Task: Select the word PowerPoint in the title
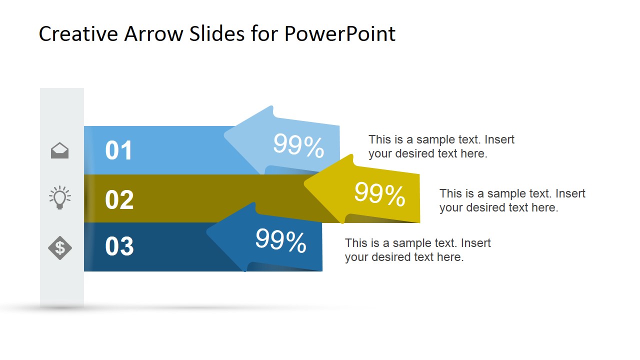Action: pos(339,34)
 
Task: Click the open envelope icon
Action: pos(60,150)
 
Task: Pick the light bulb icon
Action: pos(60,197)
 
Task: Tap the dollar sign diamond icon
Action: pos(60,247)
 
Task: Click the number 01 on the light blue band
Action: pos(119,150)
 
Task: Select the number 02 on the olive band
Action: pos(119,199)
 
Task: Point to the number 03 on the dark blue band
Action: pos(119,246)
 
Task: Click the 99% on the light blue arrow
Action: pos(298,146)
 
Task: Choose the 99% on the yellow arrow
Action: pos(379,194)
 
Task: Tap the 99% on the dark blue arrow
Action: pos(280,241)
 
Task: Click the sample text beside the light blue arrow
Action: pos(441,146)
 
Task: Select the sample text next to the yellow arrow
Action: pos(512,200)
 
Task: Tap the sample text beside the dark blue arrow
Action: pos(417,250)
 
